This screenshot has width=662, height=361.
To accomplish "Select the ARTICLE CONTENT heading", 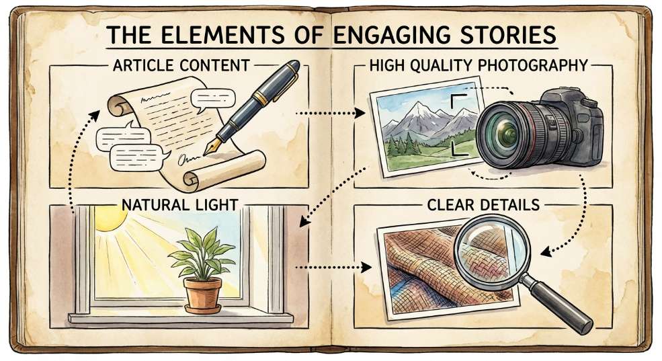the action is [x=181, y=65].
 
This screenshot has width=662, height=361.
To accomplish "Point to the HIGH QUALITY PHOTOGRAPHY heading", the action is [x=479, y=65].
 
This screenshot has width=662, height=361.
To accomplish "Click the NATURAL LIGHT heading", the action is [x=180, y=205].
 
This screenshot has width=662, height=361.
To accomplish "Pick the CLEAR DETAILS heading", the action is [x=483, y=205].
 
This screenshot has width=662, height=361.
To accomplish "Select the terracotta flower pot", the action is [x=203, y=294].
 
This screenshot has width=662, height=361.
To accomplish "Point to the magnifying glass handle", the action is [x=557, y=303].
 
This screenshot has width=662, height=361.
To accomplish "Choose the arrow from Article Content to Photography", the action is [x=330, y=113].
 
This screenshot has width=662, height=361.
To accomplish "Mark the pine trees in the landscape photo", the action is [x=404, y=145].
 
